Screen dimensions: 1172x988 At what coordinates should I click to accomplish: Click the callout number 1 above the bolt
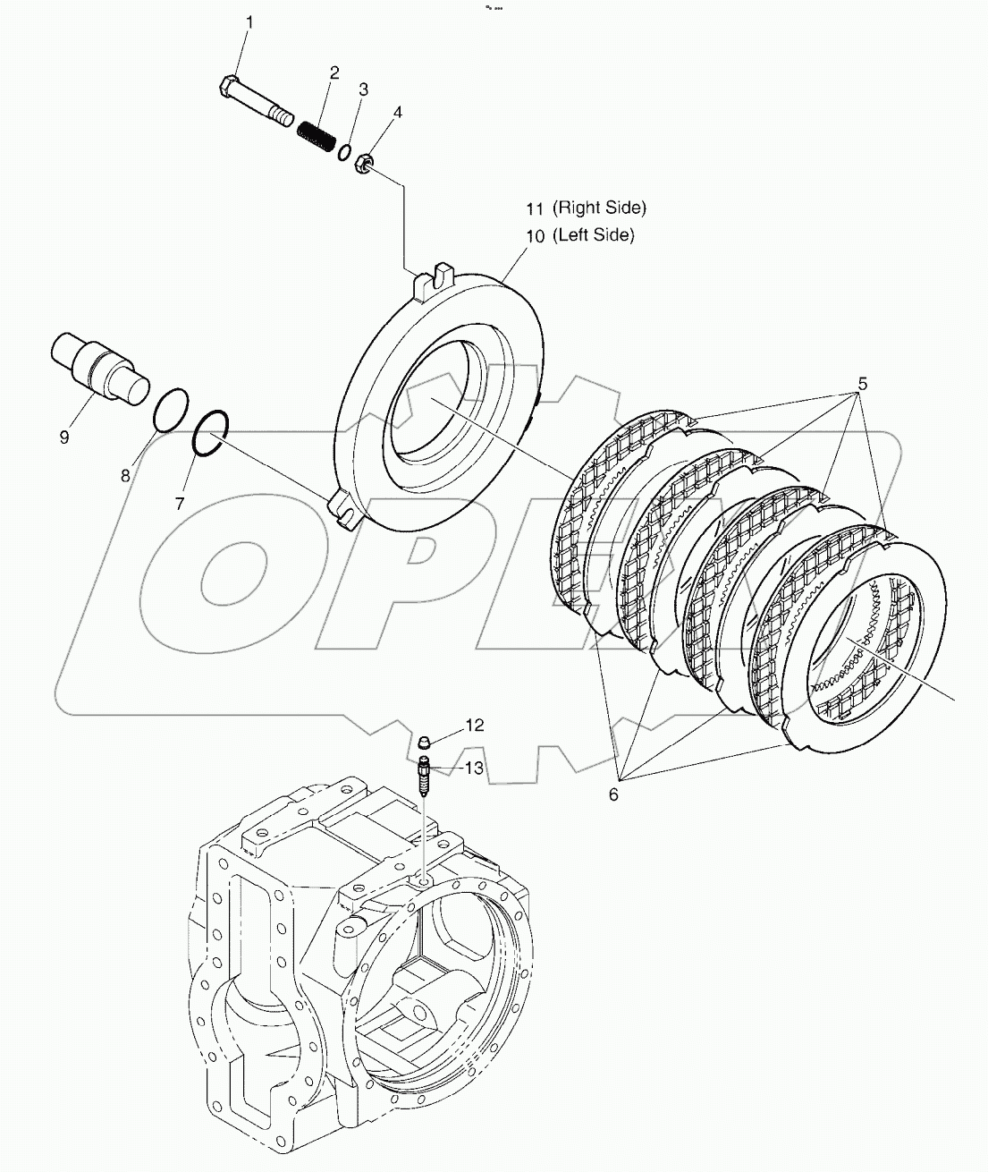tap(250, 22)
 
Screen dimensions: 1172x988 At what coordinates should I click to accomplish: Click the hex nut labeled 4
tap(364, 164)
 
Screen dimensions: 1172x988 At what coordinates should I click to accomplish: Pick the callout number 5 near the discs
tap(862, 384)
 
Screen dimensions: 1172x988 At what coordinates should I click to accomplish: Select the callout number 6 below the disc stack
tap(613, 794)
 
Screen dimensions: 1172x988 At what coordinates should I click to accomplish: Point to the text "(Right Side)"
tap(598, 208)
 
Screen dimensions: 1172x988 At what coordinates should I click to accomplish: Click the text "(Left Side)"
tap(593, 235)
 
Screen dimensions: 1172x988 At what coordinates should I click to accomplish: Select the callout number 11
tap(534, 208)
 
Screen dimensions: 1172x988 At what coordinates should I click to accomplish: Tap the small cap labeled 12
tap(426, 740)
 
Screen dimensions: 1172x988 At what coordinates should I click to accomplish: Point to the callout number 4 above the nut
tap(397, 113)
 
